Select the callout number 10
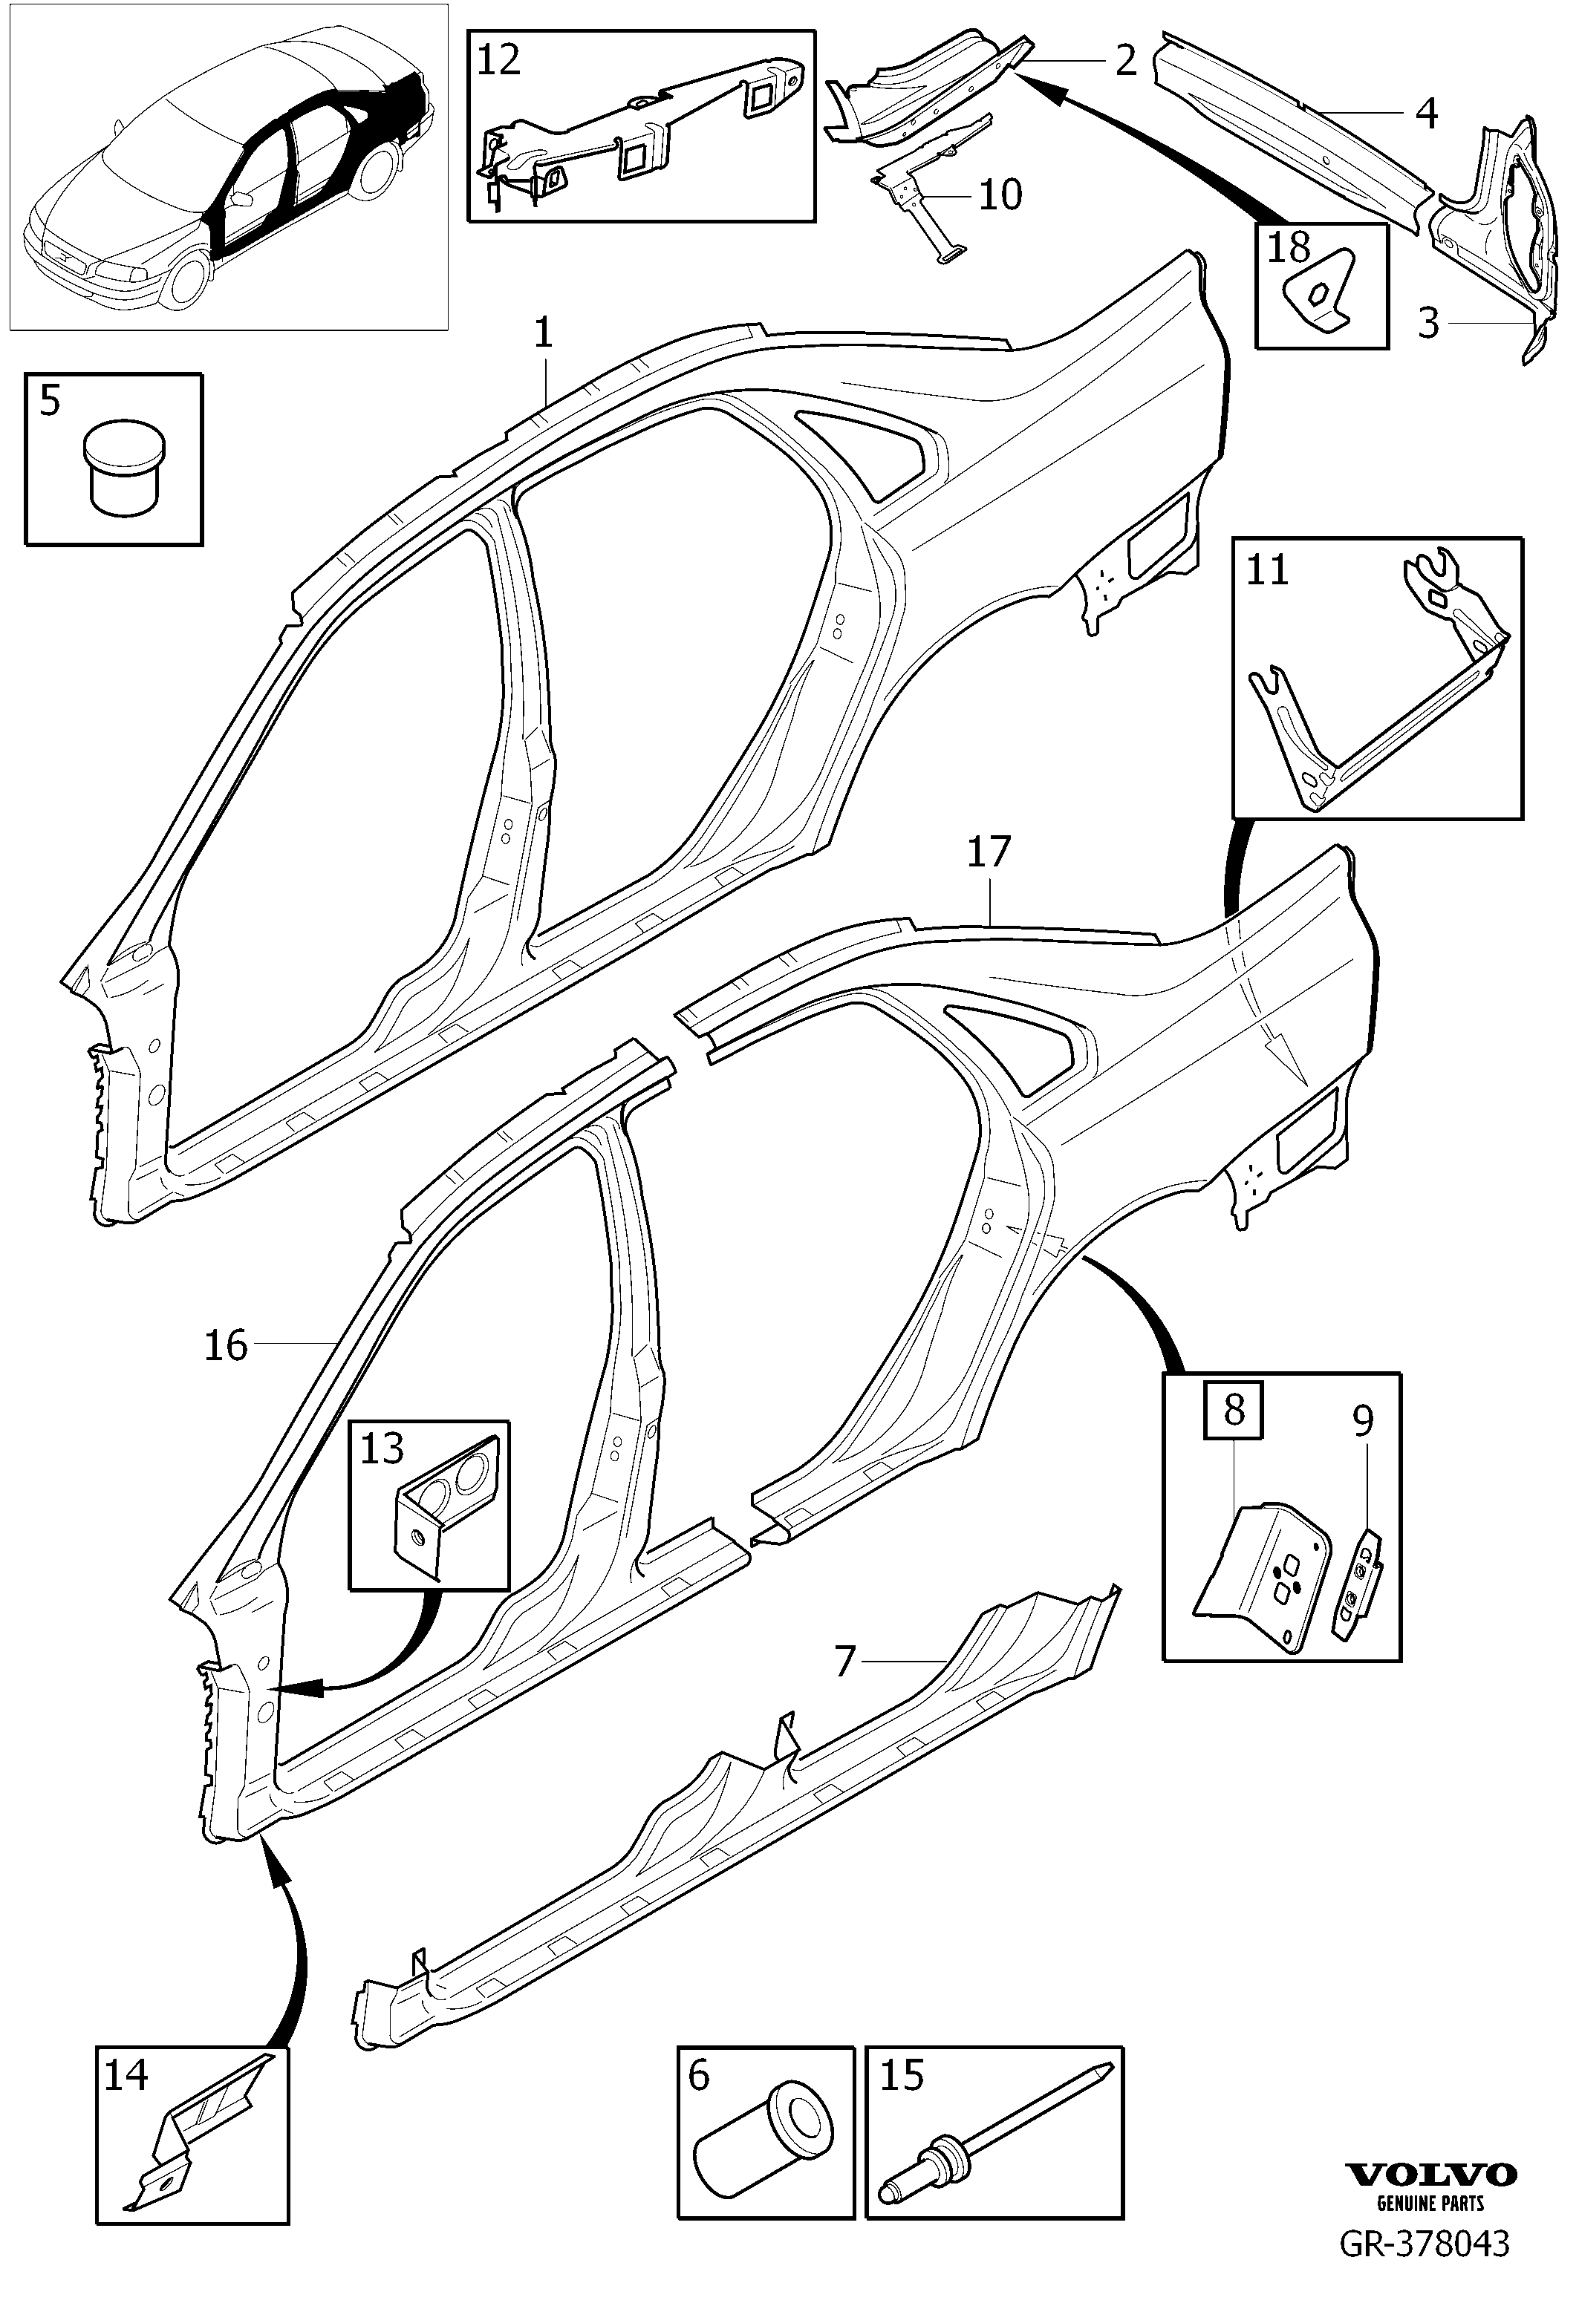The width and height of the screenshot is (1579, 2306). point(1000,195)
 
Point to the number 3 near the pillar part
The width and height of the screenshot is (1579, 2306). point(1428,321)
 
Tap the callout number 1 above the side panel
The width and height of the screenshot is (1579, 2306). point(543,333)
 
